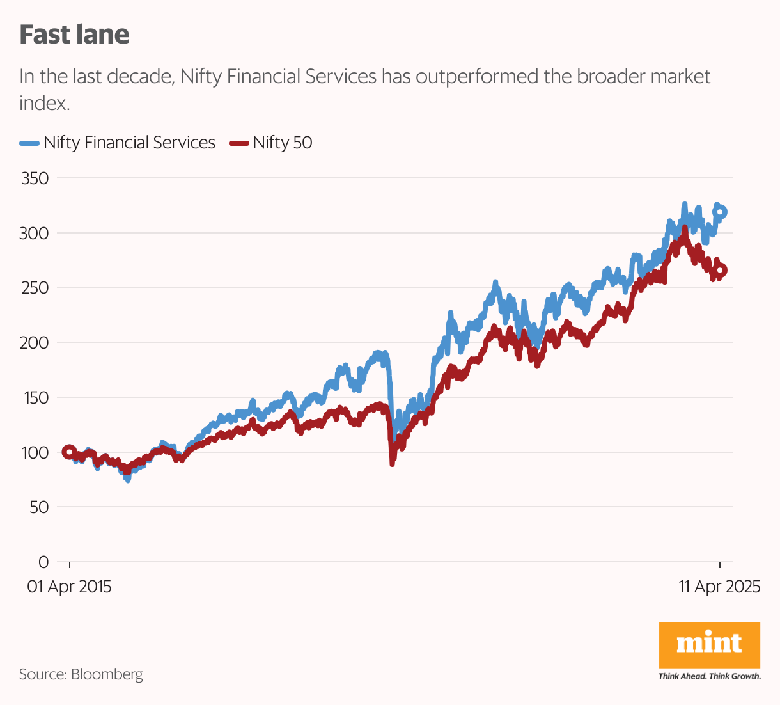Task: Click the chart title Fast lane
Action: tap(74, 35)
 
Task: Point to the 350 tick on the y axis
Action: tap(35, 178)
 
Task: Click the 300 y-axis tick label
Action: tap(35, 233)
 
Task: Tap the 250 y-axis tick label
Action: tap(35, 288)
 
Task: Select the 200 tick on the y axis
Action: tap(35, 343)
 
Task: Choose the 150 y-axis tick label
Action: tap(35, 397)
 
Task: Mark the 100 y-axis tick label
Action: tap(35, 452)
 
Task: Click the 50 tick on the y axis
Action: tap(39, 507)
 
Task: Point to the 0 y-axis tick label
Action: tap(43, 562)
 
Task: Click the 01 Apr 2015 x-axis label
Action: tap(69, 587)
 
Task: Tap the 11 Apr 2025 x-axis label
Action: tap(719, 587)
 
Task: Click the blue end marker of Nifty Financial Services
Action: tap(721, 212)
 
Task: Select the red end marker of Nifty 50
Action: tap(721, 271)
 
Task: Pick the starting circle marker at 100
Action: tap(69, 452)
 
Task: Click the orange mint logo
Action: tap(709, 644)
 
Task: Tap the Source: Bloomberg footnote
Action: tap(81, 674)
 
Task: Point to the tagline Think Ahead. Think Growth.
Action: tap(709, 676)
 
